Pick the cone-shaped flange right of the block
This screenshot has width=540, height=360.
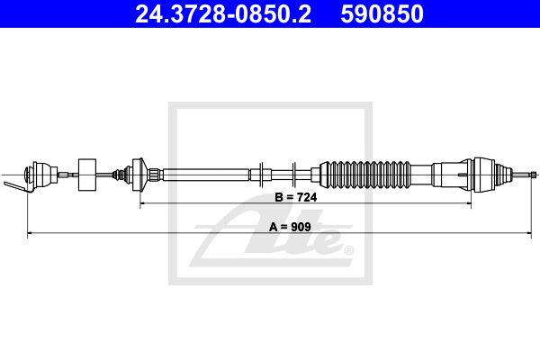137,172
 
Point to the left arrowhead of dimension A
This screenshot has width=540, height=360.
31,234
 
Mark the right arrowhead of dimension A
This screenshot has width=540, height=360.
529,234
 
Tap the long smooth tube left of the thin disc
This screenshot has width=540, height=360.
207,172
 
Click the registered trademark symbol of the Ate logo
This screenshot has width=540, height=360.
349,249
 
